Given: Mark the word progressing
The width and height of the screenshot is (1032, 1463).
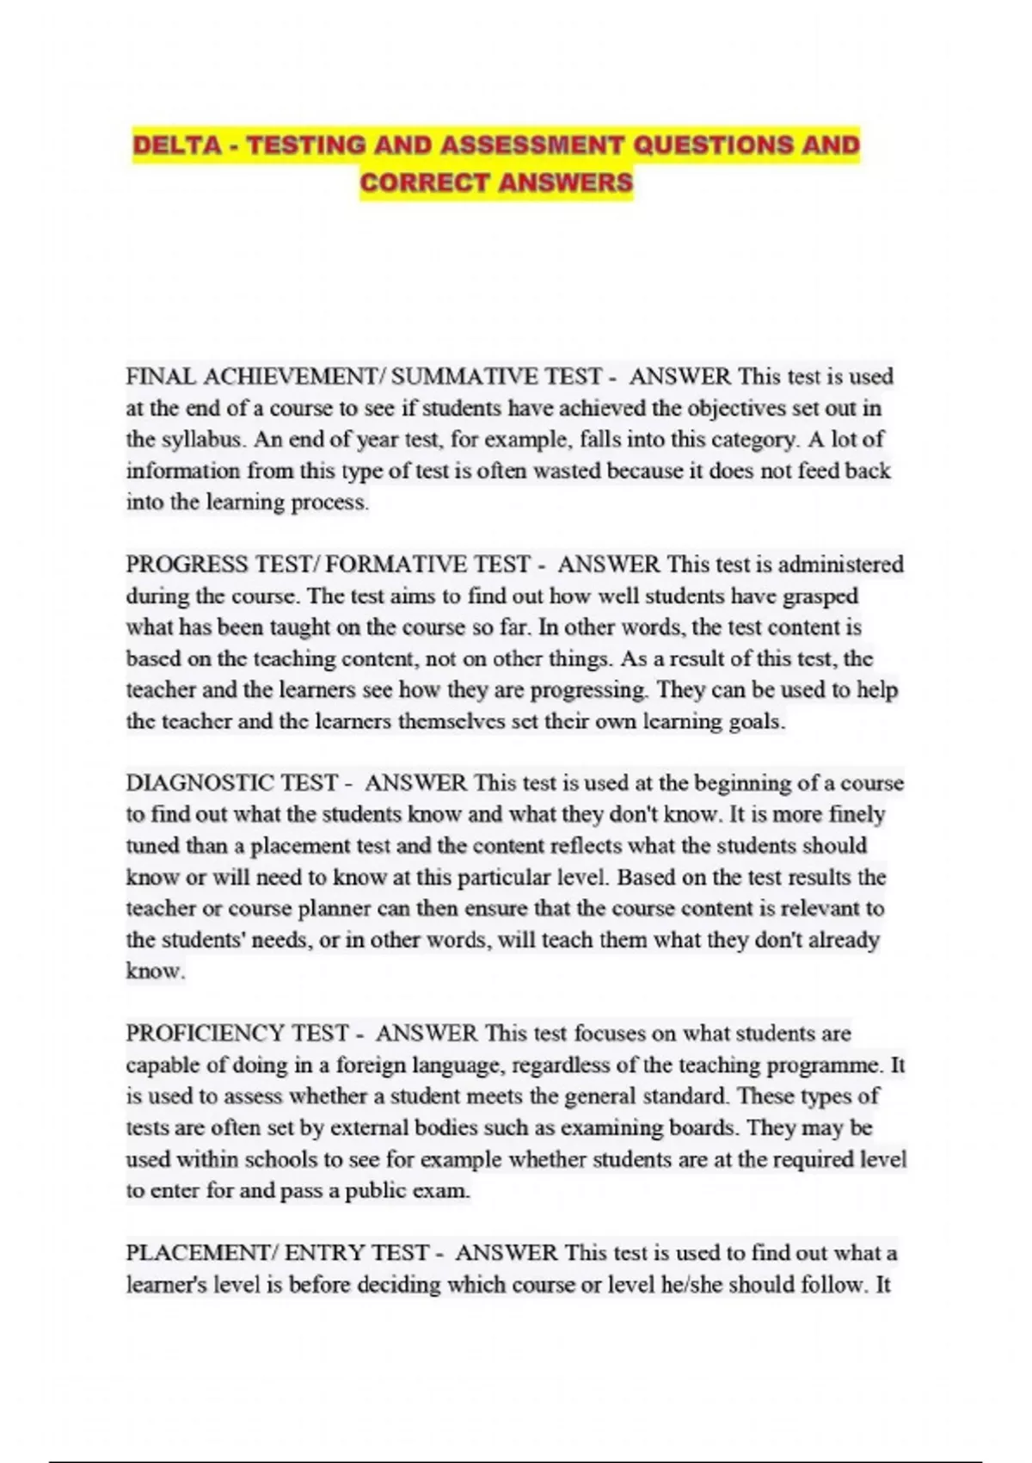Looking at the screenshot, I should pyautogui.click(x=588, y=690).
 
